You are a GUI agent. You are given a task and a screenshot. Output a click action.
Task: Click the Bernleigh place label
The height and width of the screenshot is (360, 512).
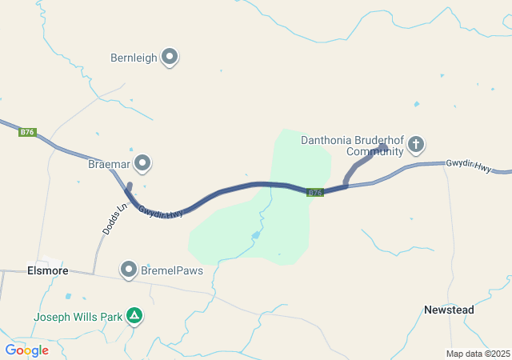point(133,58)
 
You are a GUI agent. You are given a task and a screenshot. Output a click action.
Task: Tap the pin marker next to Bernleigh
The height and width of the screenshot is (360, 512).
point(170,57)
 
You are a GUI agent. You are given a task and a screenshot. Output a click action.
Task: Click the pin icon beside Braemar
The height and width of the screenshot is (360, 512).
point(143,164)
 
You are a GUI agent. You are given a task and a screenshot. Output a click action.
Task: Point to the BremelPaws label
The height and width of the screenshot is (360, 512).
point(173,270)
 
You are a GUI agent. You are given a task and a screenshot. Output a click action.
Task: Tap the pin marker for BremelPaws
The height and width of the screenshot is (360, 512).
point(129,270)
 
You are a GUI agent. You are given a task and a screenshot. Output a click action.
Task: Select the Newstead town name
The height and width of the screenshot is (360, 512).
point(448,310)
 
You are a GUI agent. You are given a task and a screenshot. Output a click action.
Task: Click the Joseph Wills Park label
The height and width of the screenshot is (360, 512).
point(78,317)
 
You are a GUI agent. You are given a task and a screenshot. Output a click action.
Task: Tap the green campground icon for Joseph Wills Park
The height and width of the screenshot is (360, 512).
point(135,317)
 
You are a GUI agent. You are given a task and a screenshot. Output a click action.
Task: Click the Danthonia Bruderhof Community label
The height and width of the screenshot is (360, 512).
point(352,146)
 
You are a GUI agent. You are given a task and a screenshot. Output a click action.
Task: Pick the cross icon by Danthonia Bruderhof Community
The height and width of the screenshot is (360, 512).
point(415,145)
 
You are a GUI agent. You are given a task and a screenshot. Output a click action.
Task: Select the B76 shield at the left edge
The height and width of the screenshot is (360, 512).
point(27,133)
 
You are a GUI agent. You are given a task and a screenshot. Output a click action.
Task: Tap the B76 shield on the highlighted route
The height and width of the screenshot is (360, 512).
point(315,193)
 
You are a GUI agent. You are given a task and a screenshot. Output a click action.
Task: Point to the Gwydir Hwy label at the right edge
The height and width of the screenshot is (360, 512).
point(469,164)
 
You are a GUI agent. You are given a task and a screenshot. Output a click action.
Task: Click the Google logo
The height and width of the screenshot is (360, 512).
point(26,350)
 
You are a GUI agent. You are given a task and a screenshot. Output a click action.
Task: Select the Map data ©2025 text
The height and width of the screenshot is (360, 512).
point(478,354)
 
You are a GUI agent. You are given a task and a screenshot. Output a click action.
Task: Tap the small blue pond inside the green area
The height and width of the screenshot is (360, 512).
point(256,235)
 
